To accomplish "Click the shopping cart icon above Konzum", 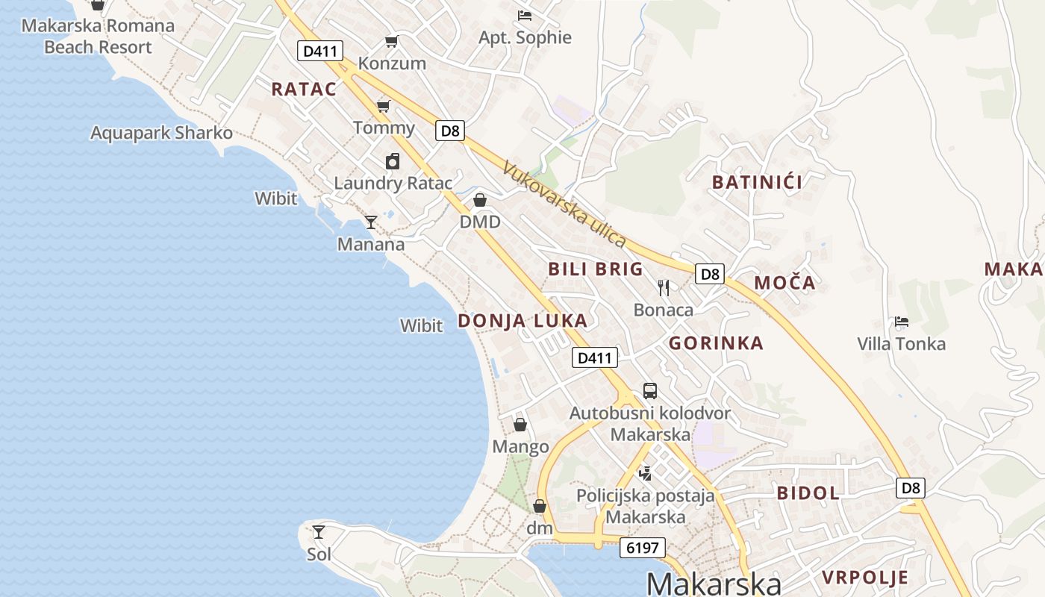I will [x=391, y=41].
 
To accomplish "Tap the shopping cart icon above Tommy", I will [x=383, y=105].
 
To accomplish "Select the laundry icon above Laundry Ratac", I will [x=393, y=161].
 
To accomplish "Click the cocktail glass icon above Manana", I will [x=370, y=222].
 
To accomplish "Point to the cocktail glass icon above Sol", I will [x=319, y=532].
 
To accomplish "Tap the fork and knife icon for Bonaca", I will [x=664, y=287].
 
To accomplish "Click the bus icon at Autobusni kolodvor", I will [x=650, y=390].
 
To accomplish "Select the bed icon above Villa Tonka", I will [x=902, y=322].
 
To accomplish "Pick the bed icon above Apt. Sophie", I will [x=525, y=15].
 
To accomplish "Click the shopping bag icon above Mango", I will [x=520, y=425].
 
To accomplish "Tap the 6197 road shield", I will [x=642, y=548].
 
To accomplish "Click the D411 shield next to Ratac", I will [x=320, y=51].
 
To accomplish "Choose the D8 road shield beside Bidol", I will [x=911, y=488].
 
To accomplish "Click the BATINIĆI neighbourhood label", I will [x=757, y=182].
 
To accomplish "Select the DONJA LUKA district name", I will [x=522, y=321].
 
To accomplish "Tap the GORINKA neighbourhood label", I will [x=716, y=343].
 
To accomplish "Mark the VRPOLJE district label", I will [x=865, y=577].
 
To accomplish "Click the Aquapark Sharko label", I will [x=161, y=133].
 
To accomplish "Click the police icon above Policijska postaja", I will [x=645, y=472].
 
